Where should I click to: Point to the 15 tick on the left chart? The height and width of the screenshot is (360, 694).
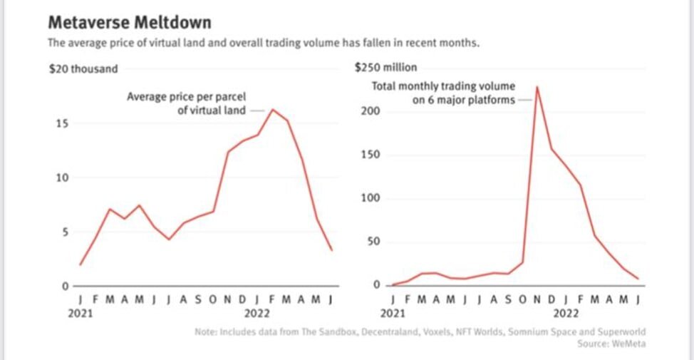(62, 124)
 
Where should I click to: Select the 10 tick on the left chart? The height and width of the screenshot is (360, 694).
(62, 178)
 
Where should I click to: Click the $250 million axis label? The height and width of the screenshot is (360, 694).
(385, 68)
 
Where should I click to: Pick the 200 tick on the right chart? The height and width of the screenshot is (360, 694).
(371, 112)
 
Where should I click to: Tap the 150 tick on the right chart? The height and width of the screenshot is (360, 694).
(371, 155)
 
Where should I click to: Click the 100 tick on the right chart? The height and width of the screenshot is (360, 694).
(371, 198)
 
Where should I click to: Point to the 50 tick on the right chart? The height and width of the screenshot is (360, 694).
(373, 242)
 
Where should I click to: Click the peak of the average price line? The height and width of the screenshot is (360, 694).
(273, 109)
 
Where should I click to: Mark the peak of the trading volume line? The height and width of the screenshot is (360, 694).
(537, 87)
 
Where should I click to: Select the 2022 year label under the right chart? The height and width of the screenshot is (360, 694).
(567, 312)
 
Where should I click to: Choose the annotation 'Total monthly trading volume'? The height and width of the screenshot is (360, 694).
(443, 87)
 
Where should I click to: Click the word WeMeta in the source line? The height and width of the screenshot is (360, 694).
(627, 344)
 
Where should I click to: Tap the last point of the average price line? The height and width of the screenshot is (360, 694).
(331, 250)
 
